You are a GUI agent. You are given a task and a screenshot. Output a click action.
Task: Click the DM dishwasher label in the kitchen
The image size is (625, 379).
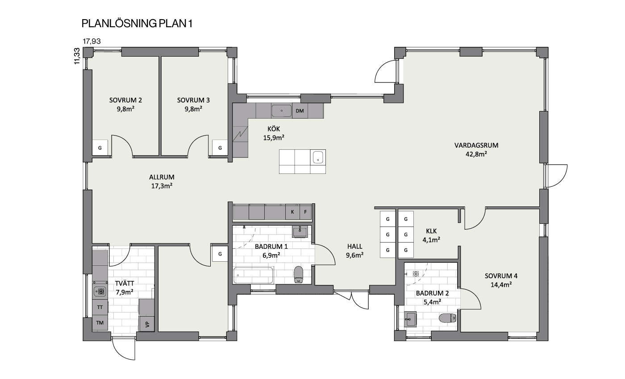(300, 111)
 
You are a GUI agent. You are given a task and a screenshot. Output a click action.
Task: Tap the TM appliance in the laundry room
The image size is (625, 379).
(100, 323)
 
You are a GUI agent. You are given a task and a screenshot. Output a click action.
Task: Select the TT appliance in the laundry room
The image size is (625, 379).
(100, 307)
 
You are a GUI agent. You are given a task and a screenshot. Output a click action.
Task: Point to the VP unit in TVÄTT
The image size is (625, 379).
(147, 324)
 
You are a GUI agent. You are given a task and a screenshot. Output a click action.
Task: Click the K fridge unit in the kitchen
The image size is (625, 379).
(292, 212)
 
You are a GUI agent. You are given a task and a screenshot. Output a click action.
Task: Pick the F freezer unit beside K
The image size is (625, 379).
(305, 212)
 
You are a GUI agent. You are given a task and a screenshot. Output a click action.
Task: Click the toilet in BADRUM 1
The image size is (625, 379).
(299, 275)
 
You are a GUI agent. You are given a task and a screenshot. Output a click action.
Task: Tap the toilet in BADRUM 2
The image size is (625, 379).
(447, 318)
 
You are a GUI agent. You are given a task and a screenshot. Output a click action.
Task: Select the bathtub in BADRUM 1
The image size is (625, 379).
(254, 276)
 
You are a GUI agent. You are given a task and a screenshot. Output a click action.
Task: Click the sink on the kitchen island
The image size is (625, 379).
(318, 157)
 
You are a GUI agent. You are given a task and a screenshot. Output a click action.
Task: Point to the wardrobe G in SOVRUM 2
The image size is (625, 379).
(100, 148)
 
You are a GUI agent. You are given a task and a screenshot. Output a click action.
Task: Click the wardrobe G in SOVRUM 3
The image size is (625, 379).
(220, 148)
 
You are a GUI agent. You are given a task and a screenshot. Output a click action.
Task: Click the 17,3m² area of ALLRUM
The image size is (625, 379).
(162, 186)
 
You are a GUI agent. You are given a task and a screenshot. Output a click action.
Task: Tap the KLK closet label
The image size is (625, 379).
(431, 231)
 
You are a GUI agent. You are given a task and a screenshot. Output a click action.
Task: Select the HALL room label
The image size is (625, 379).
(354, 246)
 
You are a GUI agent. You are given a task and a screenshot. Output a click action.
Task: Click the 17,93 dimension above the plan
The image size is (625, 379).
(92, 41)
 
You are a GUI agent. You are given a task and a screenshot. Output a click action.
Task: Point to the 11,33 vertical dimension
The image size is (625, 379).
(77, 56)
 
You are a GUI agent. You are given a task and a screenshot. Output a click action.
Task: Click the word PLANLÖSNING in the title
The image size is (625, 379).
(119, 24)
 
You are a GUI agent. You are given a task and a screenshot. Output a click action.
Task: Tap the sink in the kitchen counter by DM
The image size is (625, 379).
(282, 111)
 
